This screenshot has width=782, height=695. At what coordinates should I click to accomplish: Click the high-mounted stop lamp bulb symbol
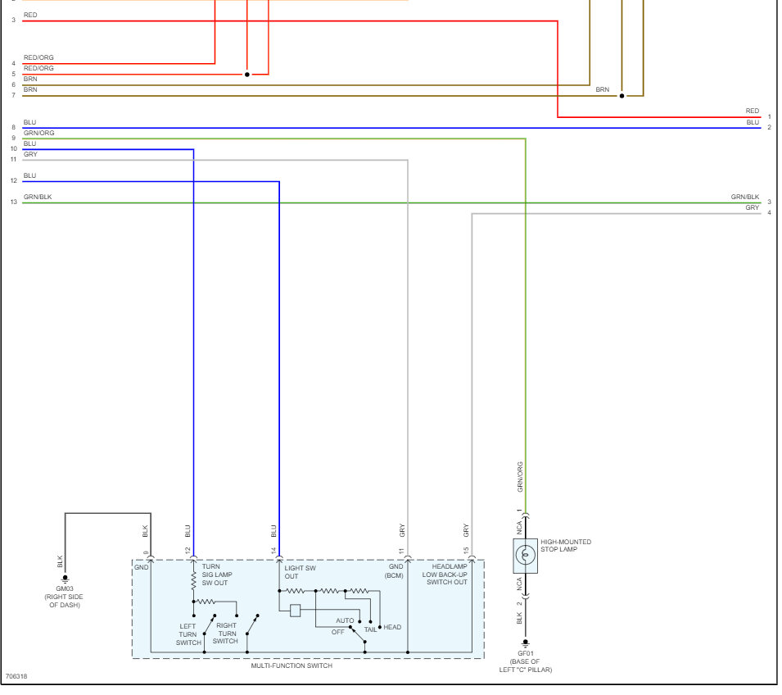click(x=525, y=556)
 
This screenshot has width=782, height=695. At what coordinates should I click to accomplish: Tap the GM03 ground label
click(x=63, y=588)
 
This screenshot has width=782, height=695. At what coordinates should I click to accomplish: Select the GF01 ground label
click(x=525, y=654)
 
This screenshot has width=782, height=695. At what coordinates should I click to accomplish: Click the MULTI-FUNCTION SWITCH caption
click(x=292, y=665)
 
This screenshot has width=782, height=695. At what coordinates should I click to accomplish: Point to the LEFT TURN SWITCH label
click(x=188, y=634)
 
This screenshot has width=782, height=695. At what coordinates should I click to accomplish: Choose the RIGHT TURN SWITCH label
click(x=226, y=633)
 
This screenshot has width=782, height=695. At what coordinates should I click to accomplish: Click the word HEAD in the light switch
click(x=392, y=628)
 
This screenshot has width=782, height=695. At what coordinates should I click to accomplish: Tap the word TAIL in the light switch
click(x=370, y=629)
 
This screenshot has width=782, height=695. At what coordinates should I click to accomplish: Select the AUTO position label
click(x=345, y=620)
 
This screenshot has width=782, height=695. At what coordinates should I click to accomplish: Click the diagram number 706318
click(x=16, y=677)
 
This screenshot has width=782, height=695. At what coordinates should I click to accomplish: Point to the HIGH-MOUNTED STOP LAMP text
click(x=566, y=545)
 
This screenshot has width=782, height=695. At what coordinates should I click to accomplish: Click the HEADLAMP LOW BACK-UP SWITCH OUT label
click(x=446, y=574)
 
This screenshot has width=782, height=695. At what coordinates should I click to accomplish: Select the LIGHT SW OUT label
click(x=300, y=571)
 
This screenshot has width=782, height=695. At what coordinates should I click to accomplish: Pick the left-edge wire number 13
click(x=13, y=202)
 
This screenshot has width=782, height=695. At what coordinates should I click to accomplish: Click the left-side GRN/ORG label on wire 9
click(x=38, y=133)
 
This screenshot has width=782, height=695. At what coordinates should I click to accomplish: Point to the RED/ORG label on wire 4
click(x=38, y=58)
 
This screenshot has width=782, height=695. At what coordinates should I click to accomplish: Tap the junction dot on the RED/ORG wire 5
click(x=246, y=75)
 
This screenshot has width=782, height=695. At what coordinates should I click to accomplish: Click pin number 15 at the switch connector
click(x=465, y=551)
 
